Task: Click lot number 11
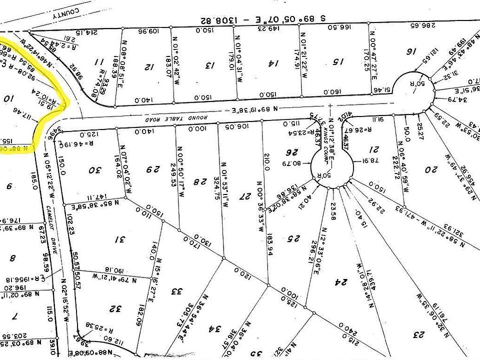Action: tap(99, 62)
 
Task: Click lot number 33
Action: tap(176, 291)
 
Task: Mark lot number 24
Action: tap(340, 282)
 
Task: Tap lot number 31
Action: tap(119, 240)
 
